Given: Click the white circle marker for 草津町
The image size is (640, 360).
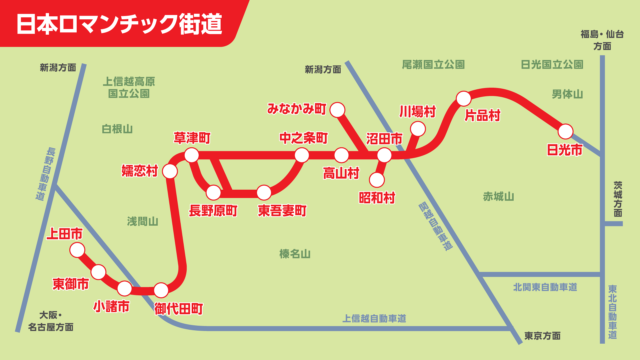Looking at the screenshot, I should click(x=192, y=155).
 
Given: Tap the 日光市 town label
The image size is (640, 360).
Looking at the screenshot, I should click(x=565, y=150).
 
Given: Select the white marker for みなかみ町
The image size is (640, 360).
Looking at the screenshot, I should click(x=337, y=110).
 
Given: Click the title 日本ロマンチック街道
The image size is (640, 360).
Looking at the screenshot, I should click(x=119, y=24).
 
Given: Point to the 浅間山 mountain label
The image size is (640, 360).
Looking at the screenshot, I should click(x=143, y=221).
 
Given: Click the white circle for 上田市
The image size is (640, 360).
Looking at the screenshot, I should click(x=77, y=250).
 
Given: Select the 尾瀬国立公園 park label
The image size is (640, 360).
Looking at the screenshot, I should click(x=433, y=65).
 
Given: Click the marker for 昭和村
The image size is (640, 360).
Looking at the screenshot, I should click(x=377, y=180).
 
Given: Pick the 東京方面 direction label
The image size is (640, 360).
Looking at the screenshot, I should click(x=542, y=336).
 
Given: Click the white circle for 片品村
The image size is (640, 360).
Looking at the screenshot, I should click(x=463, y=99).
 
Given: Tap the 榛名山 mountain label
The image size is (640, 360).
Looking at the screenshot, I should click(x=295, y=254).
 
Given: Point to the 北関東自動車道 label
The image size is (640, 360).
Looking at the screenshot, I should click(x=545, y=287).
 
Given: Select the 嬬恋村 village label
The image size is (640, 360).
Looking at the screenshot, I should click(x=140, y=171).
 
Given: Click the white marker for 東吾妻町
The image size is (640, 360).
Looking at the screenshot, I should click(x=264, y=193).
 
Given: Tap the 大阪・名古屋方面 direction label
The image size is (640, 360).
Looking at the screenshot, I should click(x=51, y=321).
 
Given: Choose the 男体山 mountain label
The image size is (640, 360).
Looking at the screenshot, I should click(x=567, y=94).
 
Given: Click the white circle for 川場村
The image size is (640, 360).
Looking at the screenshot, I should click(x=418, y=129).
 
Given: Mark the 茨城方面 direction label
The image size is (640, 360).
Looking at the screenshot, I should click(x=618, y=199).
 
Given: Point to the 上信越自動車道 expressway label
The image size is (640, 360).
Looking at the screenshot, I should click(x=374, y=319).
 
